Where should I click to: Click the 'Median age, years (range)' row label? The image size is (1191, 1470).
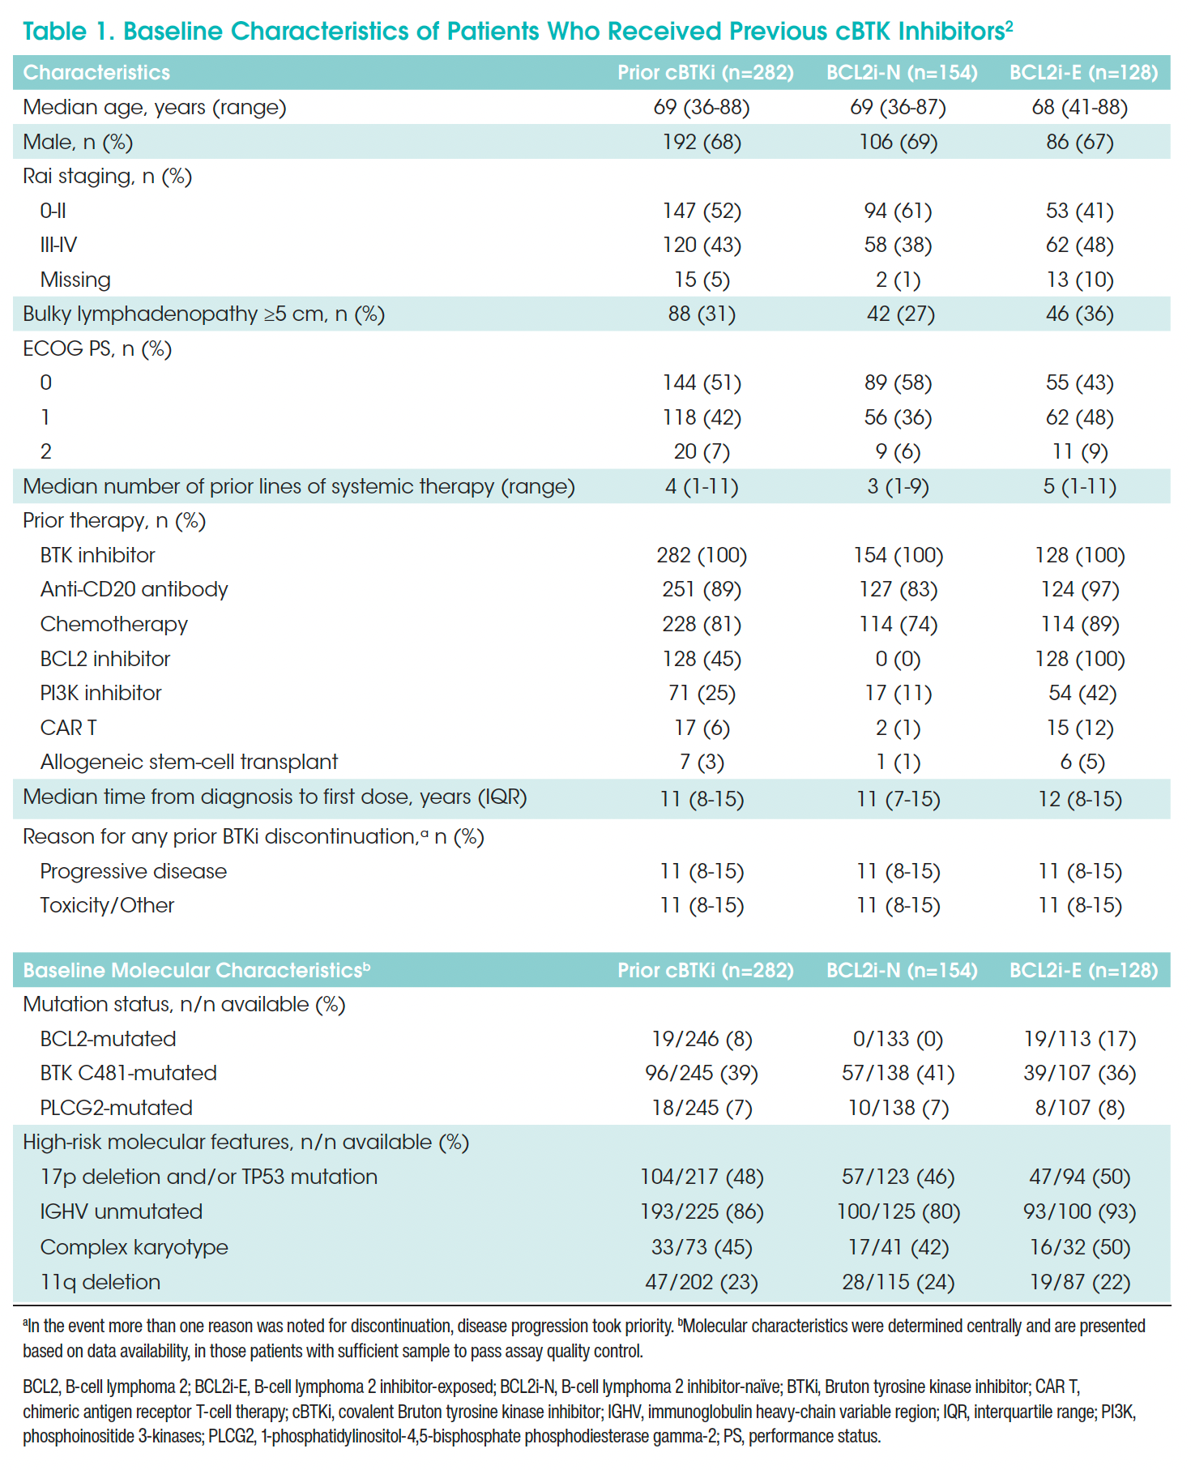[x=154, y=107]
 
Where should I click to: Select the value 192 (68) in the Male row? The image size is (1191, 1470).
[x=702, y=142]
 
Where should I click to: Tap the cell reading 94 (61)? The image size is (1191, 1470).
[x=898, y=211]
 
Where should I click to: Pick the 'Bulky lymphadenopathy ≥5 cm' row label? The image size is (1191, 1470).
[x=203, y=314]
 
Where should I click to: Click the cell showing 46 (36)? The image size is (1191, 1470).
[x=1079, y=314]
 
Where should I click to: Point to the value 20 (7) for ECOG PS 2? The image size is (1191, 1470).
[x=702, y=451]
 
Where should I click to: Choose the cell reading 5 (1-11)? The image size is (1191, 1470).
[x=1079, y=486]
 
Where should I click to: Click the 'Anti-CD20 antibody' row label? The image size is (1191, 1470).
[x=134, y=589]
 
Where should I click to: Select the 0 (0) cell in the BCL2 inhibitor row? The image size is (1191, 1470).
[x=898, y=659]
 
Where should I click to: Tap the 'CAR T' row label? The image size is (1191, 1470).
[x=68, y=728]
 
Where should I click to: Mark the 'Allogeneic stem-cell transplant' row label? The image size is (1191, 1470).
[x=189, y=762]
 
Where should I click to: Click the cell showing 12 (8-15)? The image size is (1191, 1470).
[x=1079, y=799]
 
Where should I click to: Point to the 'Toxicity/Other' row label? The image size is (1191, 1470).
[x=107, y=905]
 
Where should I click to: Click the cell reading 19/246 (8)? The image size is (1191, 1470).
[x=702, y=1039]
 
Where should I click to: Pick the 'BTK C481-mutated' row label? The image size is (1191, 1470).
[x=128, y=1073]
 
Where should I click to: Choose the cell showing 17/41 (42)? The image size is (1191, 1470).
[x=898, y=1247]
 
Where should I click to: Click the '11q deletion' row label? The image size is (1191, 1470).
[x=100, y=1282]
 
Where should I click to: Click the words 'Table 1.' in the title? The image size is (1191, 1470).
[x=68, y=31]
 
